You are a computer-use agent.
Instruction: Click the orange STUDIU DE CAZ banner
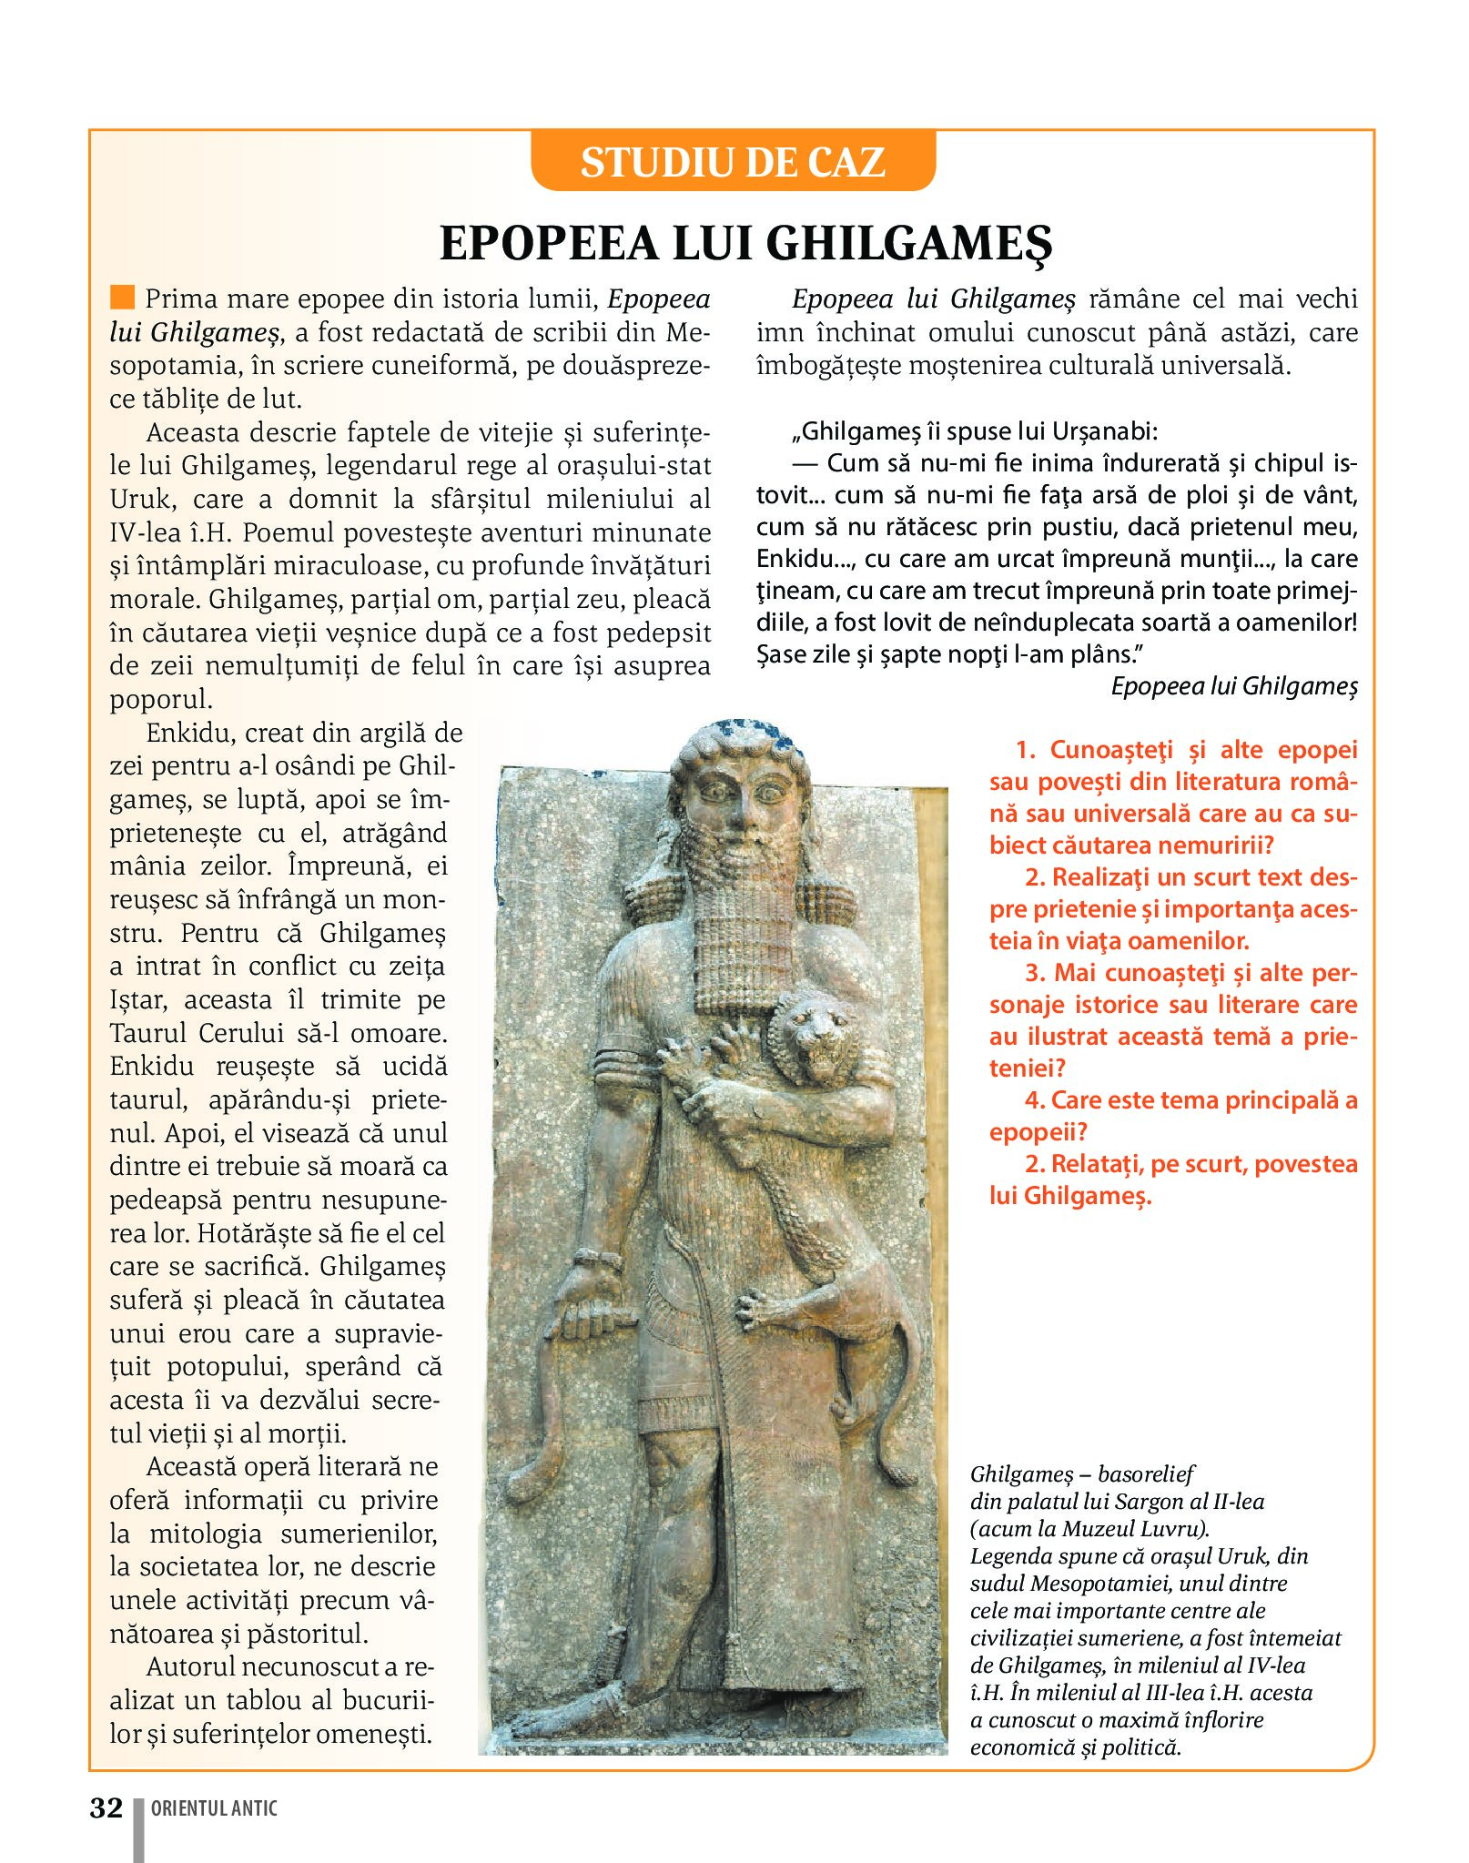(733, 162)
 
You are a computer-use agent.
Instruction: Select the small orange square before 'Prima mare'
(121, 298)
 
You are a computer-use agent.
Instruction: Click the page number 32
(106, 1807)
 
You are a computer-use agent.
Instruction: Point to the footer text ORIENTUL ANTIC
(214, 1808)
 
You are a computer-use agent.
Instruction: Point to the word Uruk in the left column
(140, 499)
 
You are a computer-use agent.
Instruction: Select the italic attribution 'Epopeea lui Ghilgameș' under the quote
(1234, 686)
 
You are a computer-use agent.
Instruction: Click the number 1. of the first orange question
(1026, 750)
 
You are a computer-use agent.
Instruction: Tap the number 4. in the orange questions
(1035, 1100)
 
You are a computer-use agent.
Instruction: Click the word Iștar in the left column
(137, 1000)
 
